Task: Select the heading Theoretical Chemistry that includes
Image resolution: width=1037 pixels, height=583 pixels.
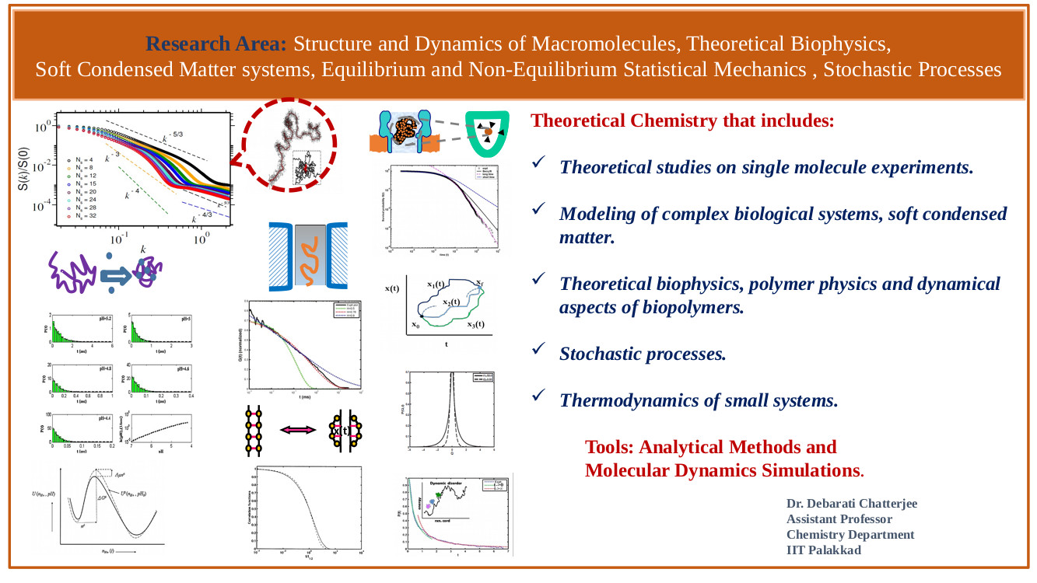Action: pos(682,121)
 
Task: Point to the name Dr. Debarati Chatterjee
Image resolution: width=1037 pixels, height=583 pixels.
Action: pos(852,504)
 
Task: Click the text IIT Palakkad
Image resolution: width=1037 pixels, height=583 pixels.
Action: pos(823,550)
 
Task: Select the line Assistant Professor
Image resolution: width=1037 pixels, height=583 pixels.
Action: pos(839,519)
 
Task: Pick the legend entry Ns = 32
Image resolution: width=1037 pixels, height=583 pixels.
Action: pos(82,216)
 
